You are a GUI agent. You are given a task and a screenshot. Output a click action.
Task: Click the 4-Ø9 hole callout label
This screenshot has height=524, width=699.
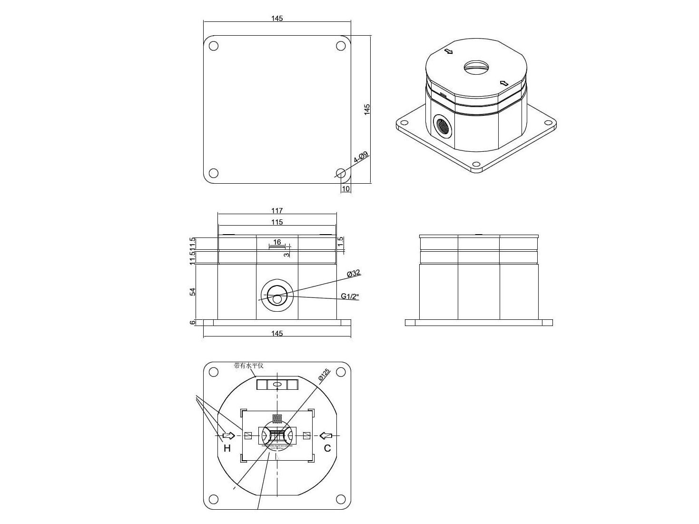[x=361, y=158]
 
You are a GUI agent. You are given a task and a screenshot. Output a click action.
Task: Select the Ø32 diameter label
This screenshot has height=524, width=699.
[x=354, y=273]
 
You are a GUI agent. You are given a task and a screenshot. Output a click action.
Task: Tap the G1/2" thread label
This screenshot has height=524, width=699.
[x=350, y=297]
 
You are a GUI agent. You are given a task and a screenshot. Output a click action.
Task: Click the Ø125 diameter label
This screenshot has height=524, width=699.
[x=324, y=376]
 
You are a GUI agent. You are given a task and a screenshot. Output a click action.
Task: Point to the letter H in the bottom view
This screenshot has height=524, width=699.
[x=227, y=448]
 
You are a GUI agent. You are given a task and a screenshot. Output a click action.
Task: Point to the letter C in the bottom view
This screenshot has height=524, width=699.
[x=327, y=448]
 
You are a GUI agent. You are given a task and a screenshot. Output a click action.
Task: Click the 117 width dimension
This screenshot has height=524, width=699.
[x=277, y=210]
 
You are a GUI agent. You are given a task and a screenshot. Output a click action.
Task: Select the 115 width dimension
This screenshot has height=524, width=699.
[x=277, y=222]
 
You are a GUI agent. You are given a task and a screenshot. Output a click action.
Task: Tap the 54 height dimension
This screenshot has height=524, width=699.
[x=193, y=292]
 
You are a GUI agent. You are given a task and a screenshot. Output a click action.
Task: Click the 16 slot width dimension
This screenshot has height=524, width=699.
[x=277, y=242]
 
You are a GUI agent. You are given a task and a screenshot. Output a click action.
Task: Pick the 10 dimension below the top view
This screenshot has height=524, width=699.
[x=346, y=189]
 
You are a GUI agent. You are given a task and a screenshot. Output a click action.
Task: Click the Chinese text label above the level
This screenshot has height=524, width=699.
[x=248, y=366]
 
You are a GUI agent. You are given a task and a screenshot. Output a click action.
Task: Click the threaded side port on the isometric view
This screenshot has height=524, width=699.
[x=443, y=126]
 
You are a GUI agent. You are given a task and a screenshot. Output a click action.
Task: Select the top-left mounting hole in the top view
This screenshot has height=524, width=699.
[x=214, y=46]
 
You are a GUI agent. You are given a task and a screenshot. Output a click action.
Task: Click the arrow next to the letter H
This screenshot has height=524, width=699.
[x=229, y=435]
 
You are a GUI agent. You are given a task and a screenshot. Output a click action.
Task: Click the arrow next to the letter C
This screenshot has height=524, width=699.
[x=326, y=435]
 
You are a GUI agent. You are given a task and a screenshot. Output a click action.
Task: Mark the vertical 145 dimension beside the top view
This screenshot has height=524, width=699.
[x=367, y=109]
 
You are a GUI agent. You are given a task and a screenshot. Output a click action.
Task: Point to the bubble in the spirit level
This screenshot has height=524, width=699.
[x=278, y=384]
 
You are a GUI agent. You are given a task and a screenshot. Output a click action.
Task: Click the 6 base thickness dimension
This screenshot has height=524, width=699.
[x=193, y=323]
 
